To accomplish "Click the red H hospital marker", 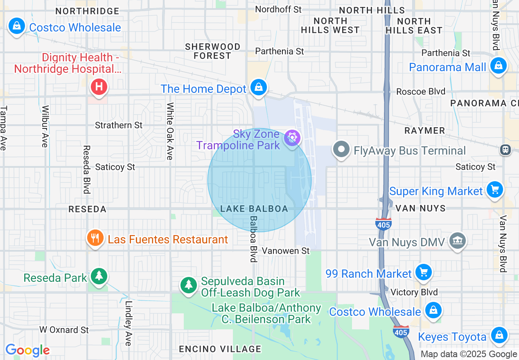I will point(99,87).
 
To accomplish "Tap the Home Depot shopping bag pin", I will point(259,87).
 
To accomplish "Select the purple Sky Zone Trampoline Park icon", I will point(292,138).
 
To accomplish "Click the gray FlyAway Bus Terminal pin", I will point(341,149).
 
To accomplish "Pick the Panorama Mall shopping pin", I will point(498,65).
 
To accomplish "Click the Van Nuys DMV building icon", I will point(457,241).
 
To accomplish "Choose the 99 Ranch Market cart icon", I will point(423,272).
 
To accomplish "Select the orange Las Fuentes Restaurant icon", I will point(95,238).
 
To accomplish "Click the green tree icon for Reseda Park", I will point(99,276).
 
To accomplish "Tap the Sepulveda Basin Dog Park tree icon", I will point(189,284).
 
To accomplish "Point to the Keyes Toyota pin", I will point(499,335).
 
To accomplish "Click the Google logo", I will point(27,350).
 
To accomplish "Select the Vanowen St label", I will point(286,251).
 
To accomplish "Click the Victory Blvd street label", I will point(414,292).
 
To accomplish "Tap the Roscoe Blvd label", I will point(421,92).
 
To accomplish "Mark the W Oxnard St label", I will point(64,330).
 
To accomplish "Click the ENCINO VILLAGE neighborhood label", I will point(220,349).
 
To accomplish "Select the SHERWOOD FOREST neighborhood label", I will point(212,51).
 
